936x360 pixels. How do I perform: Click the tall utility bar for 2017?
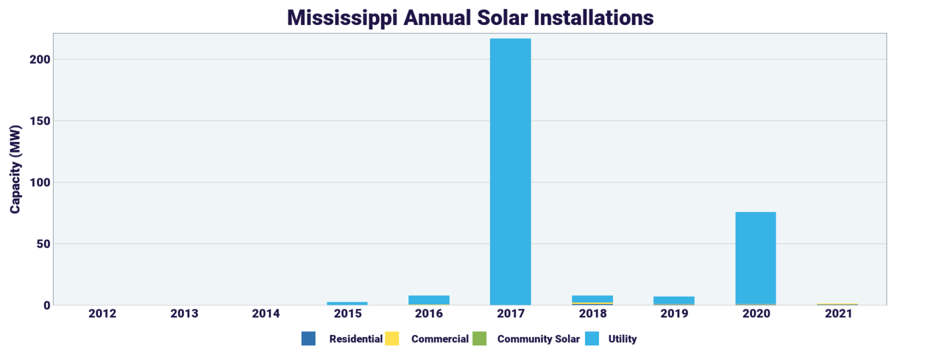tap(510, 171)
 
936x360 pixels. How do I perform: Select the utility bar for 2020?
tap(755, 258)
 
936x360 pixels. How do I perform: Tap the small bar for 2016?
tap(428, 300)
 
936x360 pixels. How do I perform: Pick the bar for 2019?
tap(673, 300)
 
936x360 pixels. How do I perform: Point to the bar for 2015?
tap(347, 303)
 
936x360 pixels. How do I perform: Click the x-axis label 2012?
tap(102, 314)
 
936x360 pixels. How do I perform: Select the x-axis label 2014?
tap(266, 314)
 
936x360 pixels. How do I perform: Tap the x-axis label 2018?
tap(592, 314)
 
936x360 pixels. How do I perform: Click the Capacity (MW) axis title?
tap(15, 169)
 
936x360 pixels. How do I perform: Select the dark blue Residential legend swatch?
tap(308, 339)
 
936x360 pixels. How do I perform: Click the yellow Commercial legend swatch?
tap(392, 339)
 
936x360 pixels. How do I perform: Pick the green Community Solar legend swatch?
tap(479, 339)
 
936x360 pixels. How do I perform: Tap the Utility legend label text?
tap(622, 339)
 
